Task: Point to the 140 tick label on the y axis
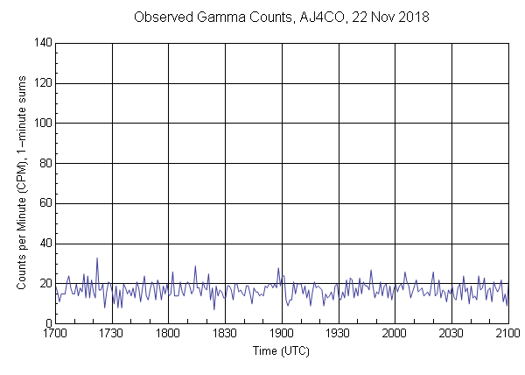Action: point(40,42)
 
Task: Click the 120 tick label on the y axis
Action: point(40,82)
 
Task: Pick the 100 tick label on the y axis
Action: point(40,123)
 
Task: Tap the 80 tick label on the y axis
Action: point(43,163)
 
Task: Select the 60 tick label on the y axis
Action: point(43,203)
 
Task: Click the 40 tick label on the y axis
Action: point(43,244)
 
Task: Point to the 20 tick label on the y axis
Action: point(43,284)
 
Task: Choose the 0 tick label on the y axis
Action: point(46,323)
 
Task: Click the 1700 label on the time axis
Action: point(55,335)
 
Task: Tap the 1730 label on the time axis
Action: point(112,335)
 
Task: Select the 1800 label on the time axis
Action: point(169,335)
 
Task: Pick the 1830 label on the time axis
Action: point(225,335)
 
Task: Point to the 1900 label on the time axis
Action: point(282,335)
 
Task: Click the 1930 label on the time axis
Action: point(339,335)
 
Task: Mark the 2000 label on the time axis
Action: point(395,335)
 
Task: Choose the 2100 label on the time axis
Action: point(507,335)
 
